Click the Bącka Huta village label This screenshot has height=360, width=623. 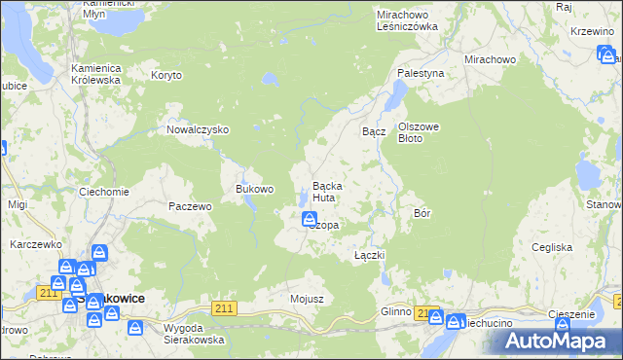(326, 192)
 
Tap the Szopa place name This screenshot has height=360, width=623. (324, 225)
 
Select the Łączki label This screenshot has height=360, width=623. (370, 255)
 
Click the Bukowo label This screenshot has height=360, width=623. (255, 189)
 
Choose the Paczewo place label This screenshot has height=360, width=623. (190, 206)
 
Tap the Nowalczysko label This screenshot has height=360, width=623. (197, 129)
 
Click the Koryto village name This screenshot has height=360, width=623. (166, 74)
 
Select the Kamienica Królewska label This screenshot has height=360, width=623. (94, 74)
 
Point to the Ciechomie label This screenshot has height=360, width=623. (103, 192)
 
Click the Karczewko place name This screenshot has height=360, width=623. (36, 244)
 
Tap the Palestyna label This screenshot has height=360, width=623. (420, 73)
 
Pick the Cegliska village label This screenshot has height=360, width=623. (552, 247)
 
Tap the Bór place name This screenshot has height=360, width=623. (422, 212)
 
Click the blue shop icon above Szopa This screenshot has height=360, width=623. (309, 219)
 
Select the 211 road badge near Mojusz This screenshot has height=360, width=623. (225, 308)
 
